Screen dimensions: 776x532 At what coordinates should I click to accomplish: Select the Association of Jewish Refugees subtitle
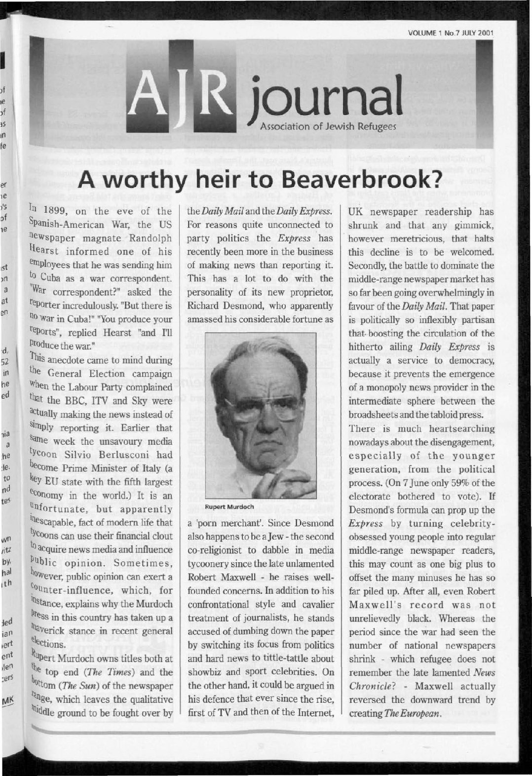tap(328, 126)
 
